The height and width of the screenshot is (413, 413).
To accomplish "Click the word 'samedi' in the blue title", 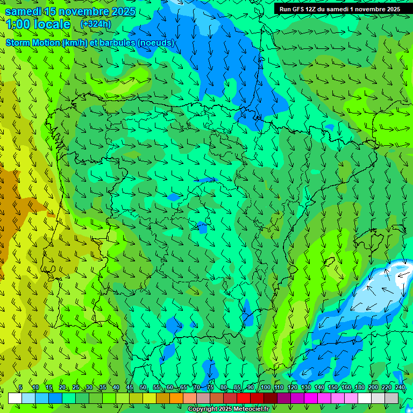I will [24, 11].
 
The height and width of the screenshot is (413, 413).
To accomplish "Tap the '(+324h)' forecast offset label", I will [95, 24].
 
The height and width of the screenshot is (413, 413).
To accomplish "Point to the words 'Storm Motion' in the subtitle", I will [33, 42].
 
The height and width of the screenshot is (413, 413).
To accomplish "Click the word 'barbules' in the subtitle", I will [117, 42].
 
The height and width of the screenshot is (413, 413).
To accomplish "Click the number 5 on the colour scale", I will [20, 387].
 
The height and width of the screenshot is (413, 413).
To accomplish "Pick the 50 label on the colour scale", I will [143, 387].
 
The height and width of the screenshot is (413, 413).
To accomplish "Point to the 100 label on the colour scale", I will [265, 387].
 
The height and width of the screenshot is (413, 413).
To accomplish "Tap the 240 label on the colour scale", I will [400, 387].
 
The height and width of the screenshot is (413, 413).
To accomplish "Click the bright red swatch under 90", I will [244, 398].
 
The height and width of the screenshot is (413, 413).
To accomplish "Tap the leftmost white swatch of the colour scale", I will [15, 398].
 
